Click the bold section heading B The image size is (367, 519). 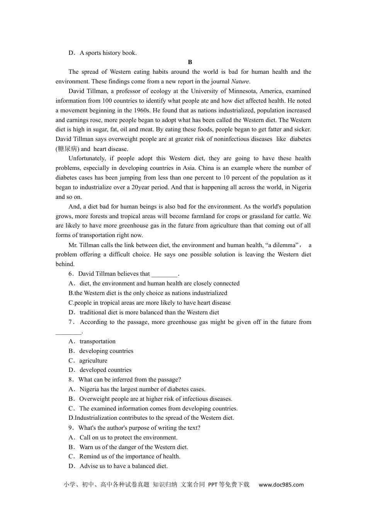coord(190,62)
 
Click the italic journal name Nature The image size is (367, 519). coord(240,81)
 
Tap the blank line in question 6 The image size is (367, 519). coord(165,274)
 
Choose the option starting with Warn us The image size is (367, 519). coord(134,447)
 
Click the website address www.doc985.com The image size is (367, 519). coord(281,485)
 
